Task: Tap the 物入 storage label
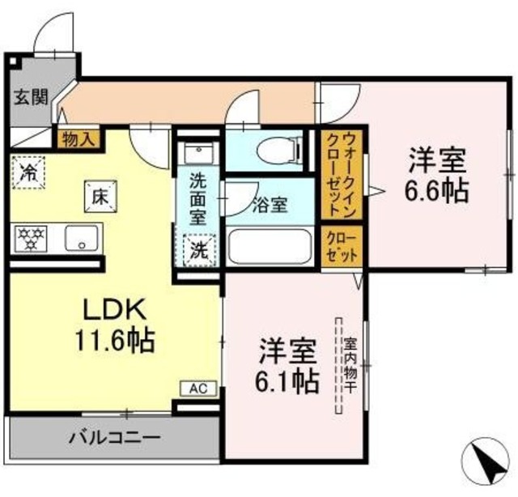pyautogui.click(x=78, y=138)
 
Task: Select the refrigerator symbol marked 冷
pyautogui.click(x=28, y=172)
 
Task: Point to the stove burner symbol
pyautogui.click(x=31, y=238)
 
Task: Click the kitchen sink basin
pyautogui.click(x=81, y=238)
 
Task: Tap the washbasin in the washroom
pyautogui.click(x=197, y=154)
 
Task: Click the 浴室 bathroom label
pyautogui.click(x=270, y=205)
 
